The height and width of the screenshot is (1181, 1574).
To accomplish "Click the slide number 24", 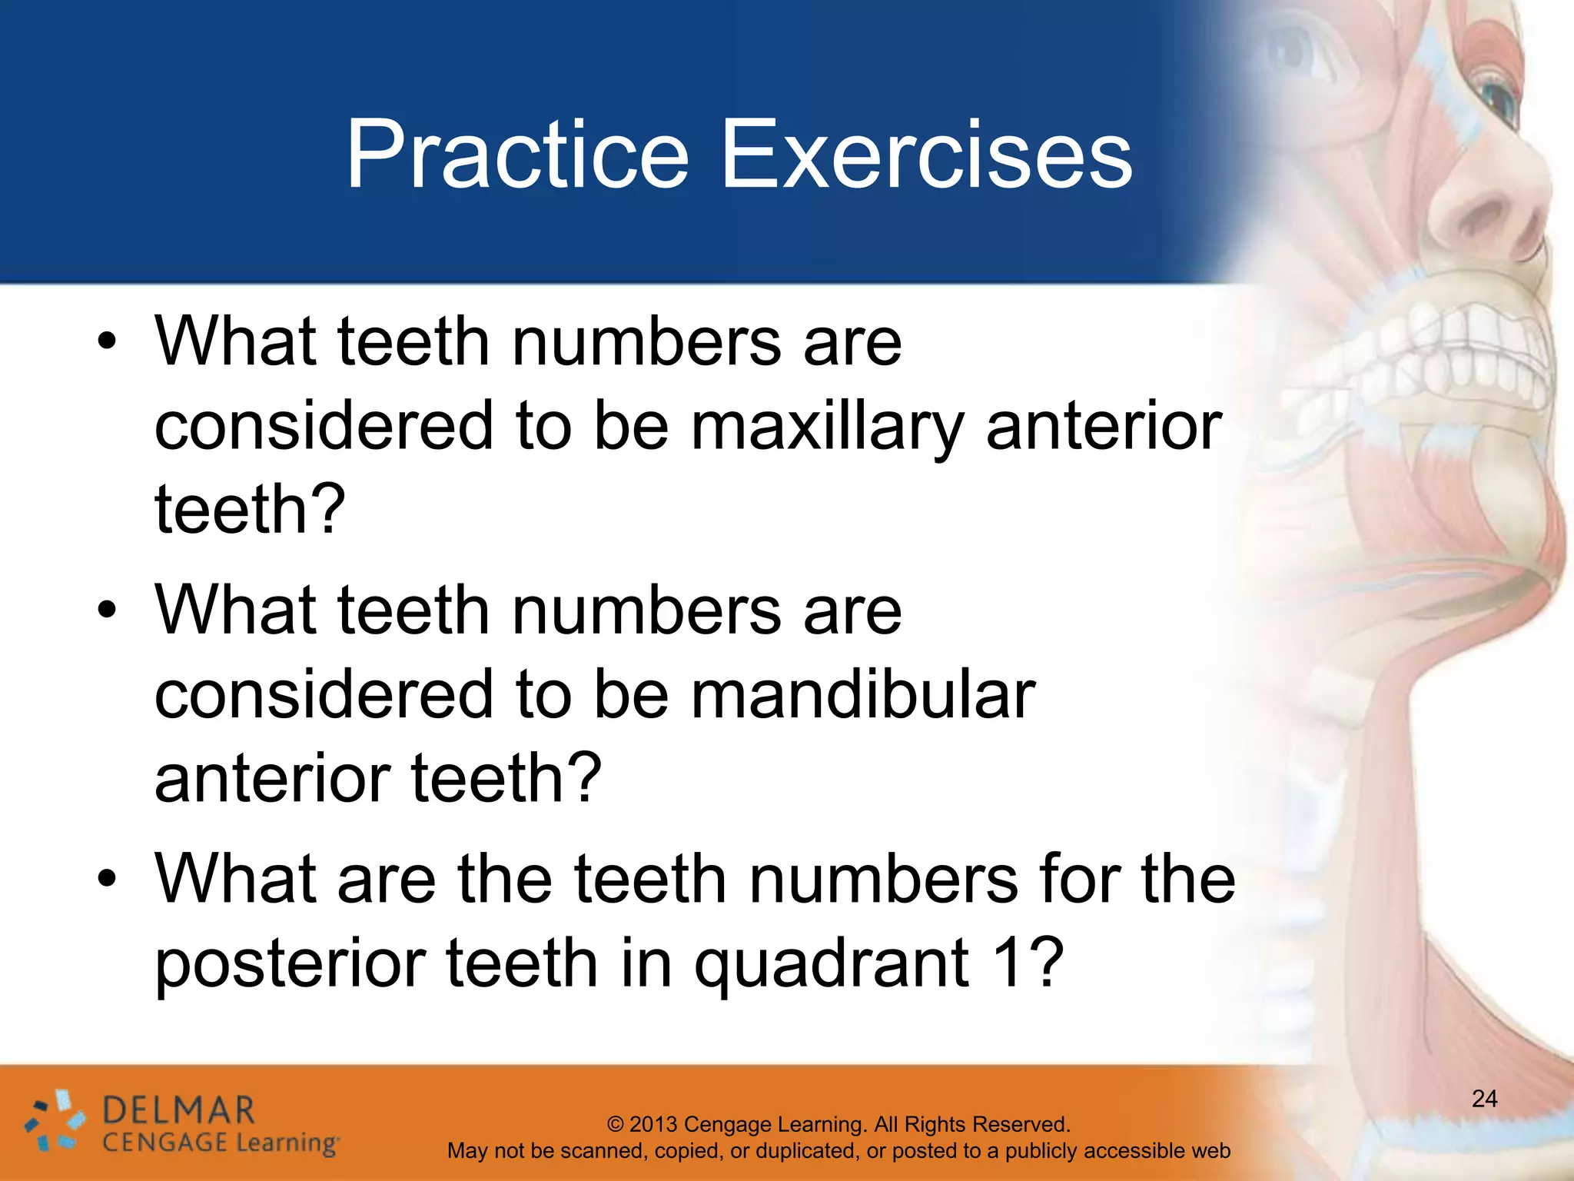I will pos(1484,1099).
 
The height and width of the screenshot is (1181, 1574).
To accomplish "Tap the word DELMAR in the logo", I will pos(178,1111).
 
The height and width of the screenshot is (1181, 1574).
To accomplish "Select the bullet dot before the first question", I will pos(107,342).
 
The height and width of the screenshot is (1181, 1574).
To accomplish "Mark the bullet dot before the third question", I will pos(107,879).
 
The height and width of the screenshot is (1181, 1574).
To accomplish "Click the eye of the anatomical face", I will pos(1496,96).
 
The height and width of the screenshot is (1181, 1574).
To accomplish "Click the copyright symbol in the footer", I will pos(616,1124).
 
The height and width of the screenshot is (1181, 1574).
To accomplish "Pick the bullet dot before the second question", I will pos(107,610).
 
